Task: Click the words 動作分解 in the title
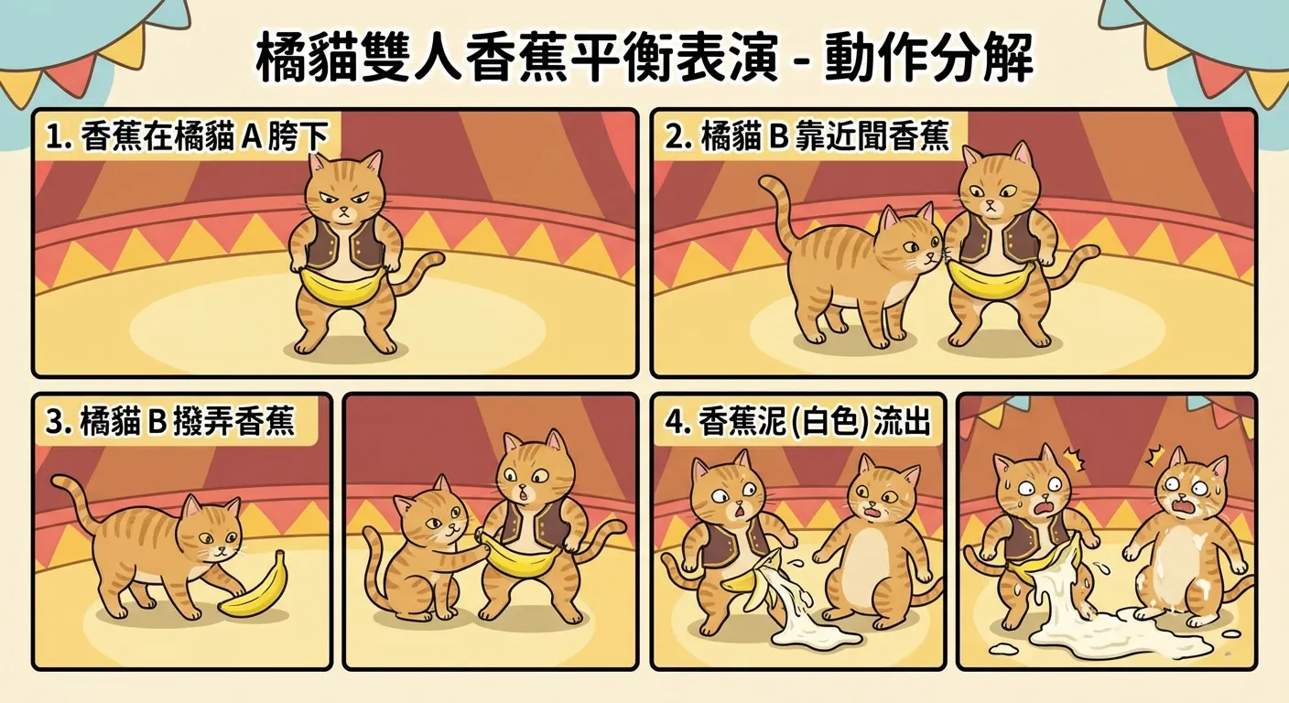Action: pyautogui.click(x=929, y=59)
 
